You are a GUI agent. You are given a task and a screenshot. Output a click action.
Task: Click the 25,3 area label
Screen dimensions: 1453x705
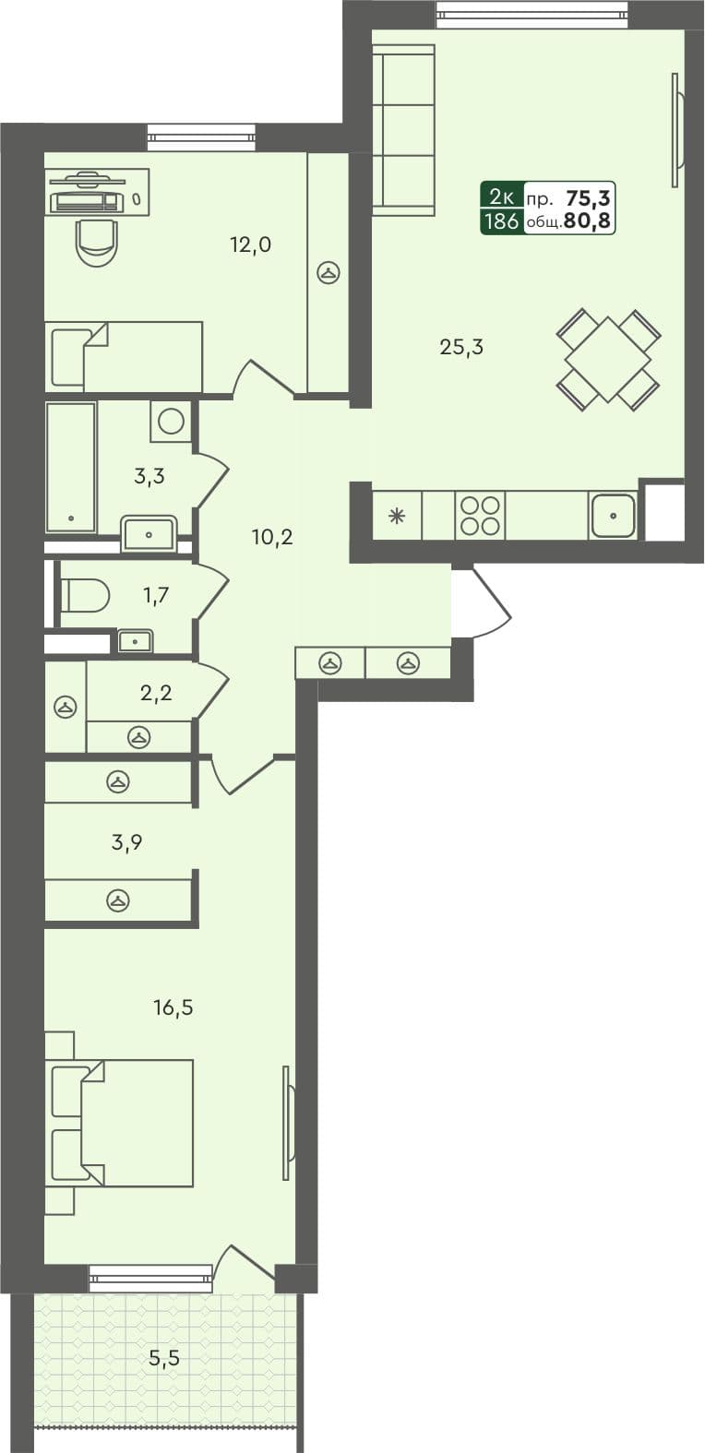point(461,348)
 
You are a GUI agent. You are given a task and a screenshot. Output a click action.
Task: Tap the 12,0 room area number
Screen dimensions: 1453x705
point(250,244)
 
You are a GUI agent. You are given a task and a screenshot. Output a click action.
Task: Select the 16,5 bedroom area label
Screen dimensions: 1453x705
point(173,1007)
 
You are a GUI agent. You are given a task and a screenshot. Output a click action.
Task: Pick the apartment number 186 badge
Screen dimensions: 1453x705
point(501,221)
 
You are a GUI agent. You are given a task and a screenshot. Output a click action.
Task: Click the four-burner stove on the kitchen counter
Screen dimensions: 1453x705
point(480,516)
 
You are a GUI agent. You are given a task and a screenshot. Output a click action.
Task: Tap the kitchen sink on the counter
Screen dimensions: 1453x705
point(613,516)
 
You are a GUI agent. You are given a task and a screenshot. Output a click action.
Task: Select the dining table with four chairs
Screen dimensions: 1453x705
point(608,359)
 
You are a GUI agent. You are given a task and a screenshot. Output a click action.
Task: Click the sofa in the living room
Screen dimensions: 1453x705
point(403,131)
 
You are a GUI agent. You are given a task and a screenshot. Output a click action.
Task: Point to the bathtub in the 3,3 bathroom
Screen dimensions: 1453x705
point(71,467)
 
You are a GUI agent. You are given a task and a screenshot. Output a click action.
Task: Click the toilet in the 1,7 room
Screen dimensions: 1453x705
point(85,595)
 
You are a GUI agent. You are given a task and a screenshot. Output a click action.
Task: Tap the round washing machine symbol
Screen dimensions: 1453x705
point(171,422)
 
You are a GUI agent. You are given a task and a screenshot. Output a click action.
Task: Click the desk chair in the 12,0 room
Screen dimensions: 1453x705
point(97,241)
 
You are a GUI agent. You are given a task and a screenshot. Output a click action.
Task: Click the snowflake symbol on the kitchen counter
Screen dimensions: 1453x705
point(398,516)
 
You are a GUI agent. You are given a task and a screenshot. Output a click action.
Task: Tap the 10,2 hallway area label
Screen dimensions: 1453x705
point(272,537)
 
